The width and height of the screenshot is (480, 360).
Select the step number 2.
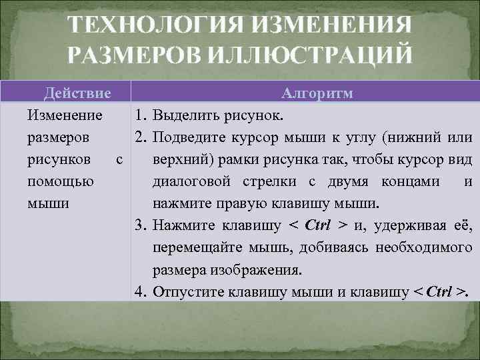pyautogui.click(x=139, y=137)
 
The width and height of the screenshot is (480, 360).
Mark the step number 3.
pyautogui.click(x=139, y=225)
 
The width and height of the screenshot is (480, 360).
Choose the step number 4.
pyautogui.click(x=139, y=291)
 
